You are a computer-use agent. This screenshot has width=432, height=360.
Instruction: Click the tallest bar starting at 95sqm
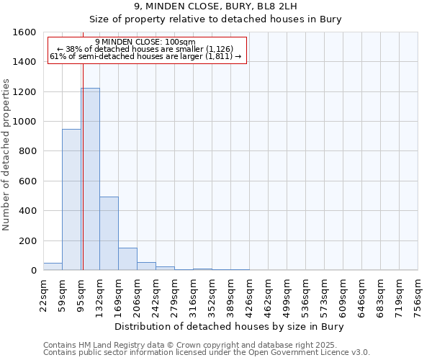(x=90, y=179)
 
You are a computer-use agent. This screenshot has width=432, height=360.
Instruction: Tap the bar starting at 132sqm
(x=109, y=233)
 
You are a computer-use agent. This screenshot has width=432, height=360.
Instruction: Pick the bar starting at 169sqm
(x=127, y=258)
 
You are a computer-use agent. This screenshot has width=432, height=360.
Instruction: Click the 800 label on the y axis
(x=27, y=151)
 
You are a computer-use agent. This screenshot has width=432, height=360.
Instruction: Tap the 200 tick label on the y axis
(x=27, y=240)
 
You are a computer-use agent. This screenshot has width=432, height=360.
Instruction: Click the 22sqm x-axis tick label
(x=44, y=294)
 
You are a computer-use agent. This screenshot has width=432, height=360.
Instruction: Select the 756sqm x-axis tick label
(x=418, y=294)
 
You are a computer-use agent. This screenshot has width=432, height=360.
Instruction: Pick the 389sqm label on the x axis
(x=231, y=294)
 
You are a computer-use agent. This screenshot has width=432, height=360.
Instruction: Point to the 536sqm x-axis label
(x=306, y=294)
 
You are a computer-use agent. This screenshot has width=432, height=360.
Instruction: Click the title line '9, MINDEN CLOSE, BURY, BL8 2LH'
(x=215, y=6)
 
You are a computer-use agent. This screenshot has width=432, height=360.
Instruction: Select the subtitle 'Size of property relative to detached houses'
(x=215, y=19)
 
